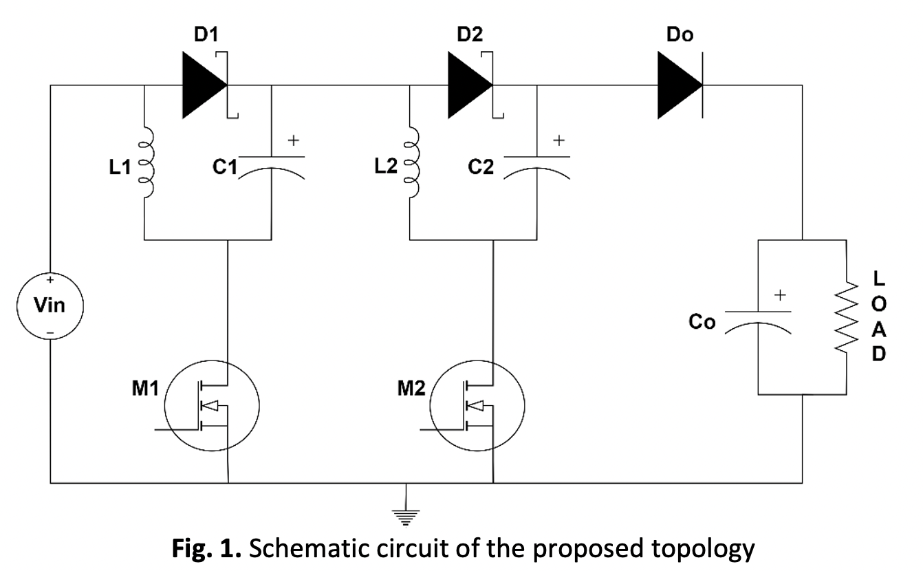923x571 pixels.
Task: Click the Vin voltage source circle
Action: tap(51, 305)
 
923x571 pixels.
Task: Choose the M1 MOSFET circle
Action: tap(211, 406)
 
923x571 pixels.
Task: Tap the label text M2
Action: tap(411, 389)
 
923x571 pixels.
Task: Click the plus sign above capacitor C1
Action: tap(293, 140)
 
